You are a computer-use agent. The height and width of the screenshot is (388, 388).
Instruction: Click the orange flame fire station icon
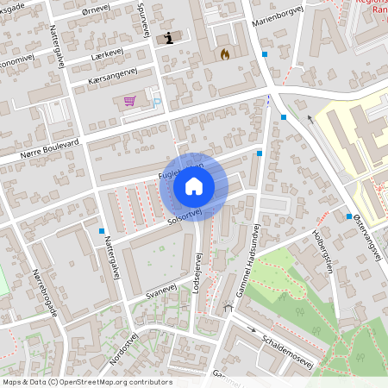pyautogui.click(x=224, y=53)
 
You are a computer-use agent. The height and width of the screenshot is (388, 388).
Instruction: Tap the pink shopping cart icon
pyautogui.click(x=129, y=101)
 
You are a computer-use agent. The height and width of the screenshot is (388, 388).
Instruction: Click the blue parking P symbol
pyautogui.click(x=156, y=103)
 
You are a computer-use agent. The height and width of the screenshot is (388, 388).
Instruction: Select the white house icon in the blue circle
pyautogui.click(x=194, y=185)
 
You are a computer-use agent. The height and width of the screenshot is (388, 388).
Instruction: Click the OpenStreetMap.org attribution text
pyautogui.click(x=112, y=382)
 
